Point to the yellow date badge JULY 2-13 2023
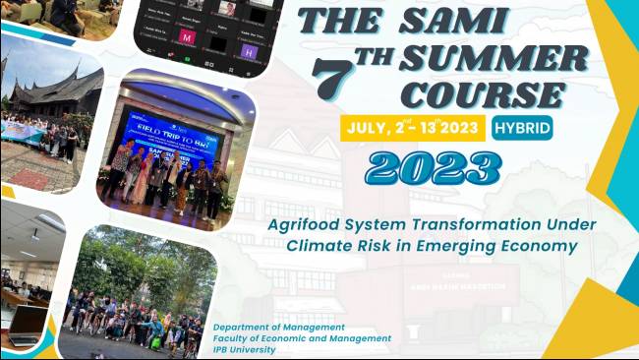pos(412,127)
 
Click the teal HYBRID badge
pos(522,127)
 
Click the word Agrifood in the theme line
pos(307,224)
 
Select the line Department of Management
pos(278,327)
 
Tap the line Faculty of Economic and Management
pos(302,337)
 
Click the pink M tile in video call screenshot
pos(186,37)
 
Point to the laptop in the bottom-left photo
pos(26,324)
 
